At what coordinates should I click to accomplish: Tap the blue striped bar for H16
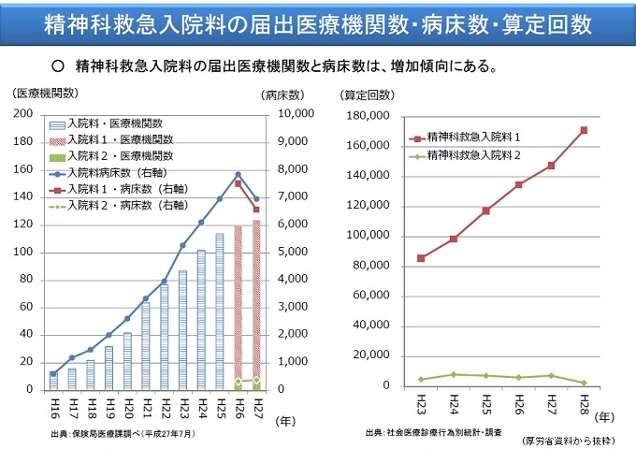pos(54,381)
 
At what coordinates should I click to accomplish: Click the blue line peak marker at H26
pos(238,174)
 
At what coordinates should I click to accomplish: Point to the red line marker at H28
pos(585,130)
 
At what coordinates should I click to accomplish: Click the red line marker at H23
pos(421,258)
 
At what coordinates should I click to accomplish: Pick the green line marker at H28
pos(585,383)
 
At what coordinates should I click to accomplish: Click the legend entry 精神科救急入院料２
pos(473,153)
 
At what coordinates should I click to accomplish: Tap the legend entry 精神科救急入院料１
pos(473,138)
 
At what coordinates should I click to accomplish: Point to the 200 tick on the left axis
pos(25,113)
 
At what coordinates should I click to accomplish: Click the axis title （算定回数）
pos(367,94)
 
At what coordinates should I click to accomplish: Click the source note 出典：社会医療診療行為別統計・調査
pos(434,432)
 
